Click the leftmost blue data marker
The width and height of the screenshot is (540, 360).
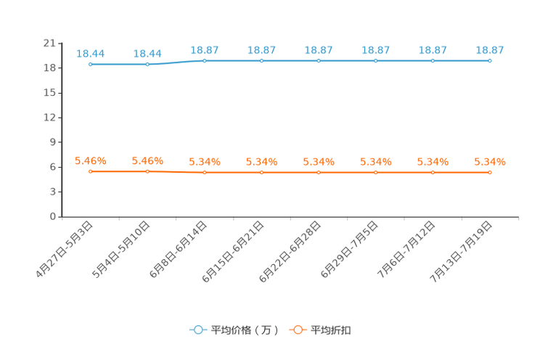pyautogui.click(x=90, y=64)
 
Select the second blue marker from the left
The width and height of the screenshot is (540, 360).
pyautogui.click(x=147, y=64)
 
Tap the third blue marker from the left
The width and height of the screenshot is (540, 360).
pyautogui.click(x=205, y=61)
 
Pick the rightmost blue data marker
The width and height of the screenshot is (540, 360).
pyautogui.click(x=490, y=61)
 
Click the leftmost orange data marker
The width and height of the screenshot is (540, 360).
pyautogui.click(x=90, y=171)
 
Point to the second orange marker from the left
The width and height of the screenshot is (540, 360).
pyautogui.click(x=147, y=171)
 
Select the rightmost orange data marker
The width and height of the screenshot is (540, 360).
pyautogui.click(x=490, y=172)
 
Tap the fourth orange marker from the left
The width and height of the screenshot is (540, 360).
pyautogui.click(x=262, y=172)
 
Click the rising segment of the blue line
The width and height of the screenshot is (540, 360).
pyautogui.click(x=176, y=62)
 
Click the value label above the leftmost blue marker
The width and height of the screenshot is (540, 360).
pyautogui.click(x=90, y=53)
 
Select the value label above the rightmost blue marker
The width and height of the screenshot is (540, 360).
pyautogui.click(x=490, y=50)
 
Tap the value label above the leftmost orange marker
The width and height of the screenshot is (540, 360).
pyautogui.click(x=90, y=160)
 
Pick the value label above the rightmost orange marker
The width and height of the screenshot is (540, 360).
pyautogui.click(x=490, y=161)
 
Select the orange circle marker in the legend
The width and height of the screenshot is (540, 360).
pyautogui.click(x=297, y=330)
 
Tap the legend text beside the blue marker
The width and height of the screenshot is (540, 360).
pyautogui.click(x=243, y=330)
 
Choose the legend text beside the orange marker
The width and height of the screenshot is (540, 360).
pyautogui.click(x=332, y=330)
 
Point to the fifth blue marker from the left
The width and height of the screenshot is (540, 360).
pyautogui.click(x=319, y=61)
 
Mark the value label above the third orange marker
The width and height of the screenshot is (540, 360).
pyautogui.click(x=205, y=161)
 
